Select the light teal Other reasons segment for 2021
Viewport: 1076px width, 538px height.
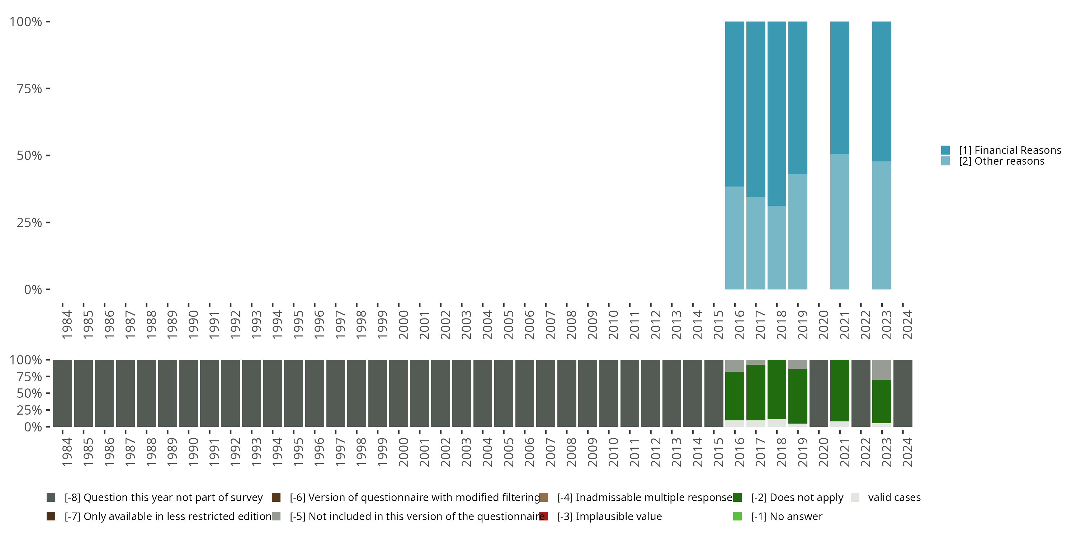(840, 221)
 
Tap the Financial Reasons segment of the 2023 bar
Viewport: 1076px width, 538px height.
(881, 91)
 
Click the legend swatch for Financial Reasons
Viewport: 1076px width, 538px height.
(945, 150)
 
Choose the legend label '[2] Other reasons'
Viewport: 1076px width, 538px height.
(1002, 161)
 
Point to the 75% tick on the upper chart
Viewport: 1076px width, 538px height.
(48, 89)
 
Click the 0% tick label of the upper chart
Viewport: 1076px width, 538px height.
(33, 289)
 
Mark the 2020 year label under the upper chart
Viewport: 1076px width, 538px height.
(823, 325)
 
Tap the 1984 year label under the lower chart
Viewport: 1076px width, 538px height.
(67, 452)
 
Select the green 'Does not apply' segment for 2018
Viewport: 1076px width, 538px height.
(777, 389)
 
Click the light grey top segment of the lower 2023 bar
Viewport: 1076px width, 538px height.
(881, 370)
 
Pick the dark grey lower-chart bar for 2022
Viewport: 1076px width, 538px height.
(860, 393)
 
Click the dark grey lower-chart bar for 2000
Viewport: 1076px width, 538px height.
(398, 393)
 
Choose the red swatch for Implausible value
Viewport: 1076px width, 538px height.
(543, 516)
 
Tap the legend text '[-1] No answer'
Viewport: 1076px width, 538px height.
(787, 517)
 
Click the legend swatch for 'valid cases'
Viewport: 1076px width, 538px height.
(855, 497)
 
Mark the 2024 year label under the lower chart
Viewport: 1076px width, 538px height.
(907, 452)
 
